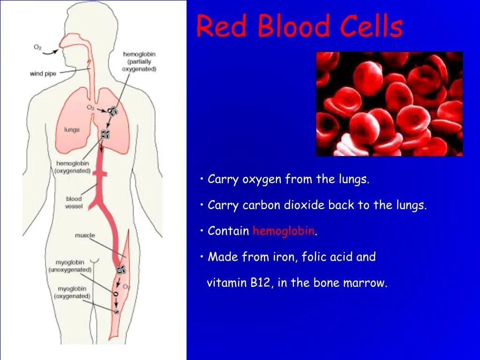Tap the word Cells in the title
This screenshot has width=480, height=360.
[371, 26]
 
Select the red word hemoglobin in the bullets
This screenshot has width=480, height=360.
[284, 231]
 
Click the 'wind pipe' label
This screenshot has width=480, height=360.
[43, 74]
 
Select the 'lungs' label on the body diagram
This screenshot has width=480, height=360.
[72, 130]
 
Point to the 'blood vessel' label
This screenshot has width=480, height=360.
[74, 202]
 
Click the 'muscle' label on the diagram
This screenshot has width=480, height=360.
[85, 235]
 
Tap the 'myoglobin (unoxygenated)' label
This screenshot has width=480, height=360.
[70, 266]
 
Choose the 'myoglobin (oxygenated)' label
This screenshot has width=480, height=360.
[72, 292]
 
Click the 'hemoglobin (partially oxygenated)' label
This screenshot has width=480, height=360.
[139, 61]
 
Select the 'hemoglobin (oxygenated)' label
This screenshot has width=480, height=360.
[73, 167]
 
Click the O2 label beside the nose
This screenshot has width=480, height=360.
[38, 47]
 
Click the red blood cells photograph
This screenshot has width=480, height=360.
[389, 104]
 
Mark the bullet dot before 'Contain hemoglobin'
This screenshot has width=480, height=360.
[201, 231]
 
